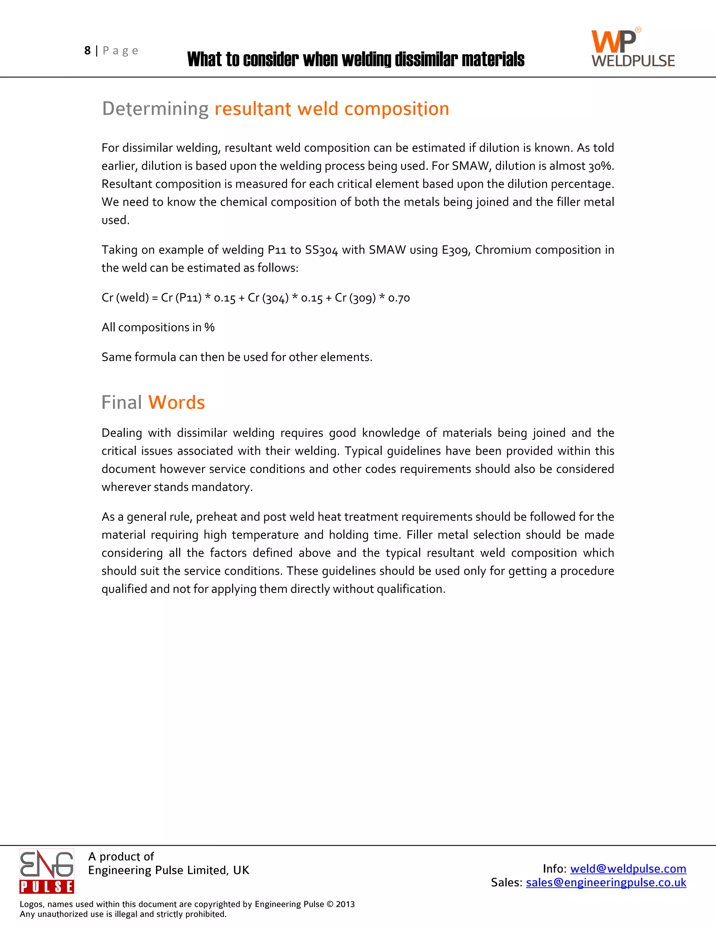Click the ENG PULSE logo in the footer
[46, 871]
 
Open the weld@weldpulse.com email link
[628, 869]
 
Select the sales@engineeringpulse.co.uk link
[606, 882]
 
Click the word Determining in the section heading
[155, 109]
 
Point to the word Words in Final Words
[177, 402]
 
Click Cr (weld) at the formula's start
[125, 298]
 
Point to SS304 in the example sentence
[321, 250]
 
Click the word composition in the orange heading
[396, 109]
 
